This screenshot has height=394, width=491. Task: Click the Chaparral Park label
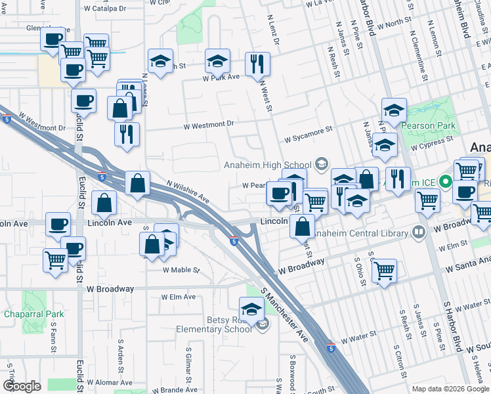coord(32,314)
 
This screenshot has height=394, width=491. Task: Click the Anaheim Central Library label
coord(360,232)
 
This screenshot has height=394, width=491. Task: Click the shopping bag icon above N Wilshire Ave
coord(137,185)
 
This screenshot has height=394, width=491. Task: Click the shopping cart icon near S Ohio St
coord(384,270)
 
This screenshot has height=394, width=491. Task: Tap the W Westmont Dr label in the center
coord(208,123)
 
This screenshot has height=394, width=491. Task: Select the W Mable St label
coord(181,270)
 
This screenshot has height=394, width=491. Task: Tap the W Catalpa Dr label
coord(104,9)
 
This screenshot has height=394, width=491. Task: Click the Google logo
coord(22,386)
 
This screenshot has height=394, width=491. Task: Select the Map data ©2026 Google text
coord(450,389)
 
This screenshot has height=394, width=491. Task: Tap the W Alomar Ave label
coord(110,382)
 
